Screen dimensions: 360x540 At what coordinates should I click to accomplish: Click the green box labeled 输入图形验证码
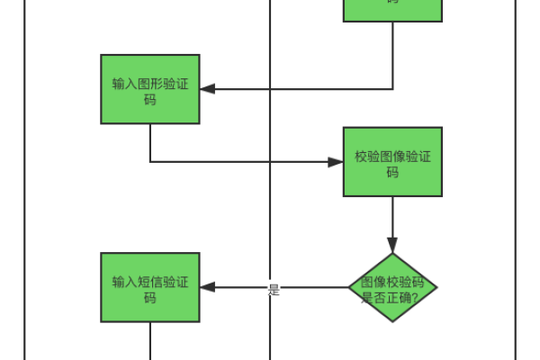point(149,89)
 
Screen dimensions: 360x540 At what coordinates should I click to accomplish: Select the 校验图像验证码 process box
point(392,162)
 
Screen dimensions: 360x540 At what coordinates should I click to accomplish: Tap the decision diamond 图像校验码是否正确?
point(392,288)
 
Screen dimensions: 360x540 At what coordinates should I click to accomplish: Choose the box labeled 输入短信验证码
point(149,288)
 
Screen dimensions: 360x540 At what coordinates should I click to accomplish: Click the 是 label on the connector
point(274,290)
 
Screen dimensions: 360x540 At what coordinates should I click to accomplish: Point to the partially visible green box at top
point(392,9)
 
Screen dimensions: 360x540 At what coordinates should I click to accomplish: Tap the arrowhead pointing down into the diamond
point(392,245)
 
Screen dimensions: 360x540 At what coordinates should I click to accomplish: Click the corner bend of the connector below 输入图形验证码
point(150,162)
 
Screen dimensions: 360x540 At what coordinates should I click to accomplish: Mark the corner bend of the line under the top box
point(392,89)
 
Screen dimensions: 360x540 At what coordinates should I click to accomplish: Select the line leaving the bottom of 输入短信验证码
point(149,342)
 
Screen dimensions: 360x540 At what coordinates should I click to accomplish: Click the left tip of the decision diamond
point(350,288)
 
